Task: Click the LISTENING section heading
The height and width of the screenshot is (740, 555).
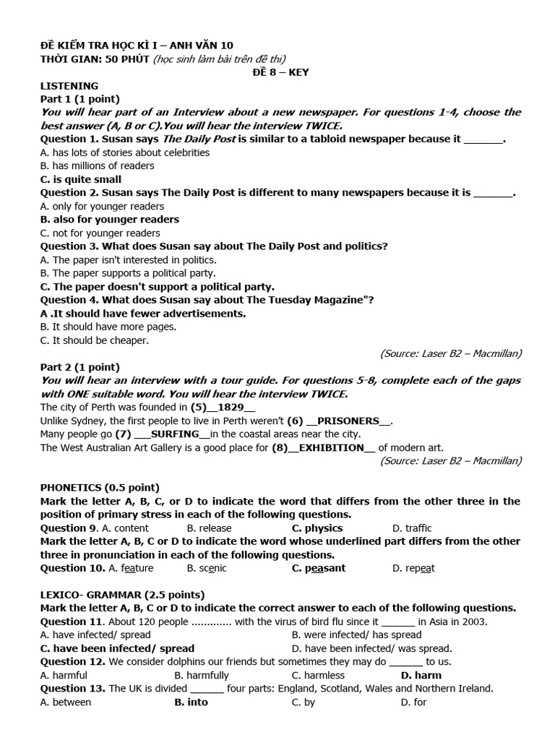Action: [x=69, y=85]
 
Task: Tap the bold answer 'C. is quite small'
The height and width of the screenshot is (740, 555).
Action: [x=80, y=179]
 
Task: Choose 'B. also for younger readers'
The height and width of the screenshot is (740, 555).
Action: [x=109, y=219]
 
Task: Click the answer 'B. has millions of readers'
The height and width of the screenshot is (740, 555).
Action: [x=97, y=165]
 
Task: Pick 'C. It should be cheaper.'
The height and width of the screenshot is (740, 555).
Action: [x=94, y=340]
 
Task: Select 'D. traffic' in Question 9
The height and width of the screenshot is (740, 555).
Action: [x=412, y=528]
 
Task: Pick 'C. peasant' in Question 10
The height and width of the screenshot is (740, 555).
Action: [x=318, y=568]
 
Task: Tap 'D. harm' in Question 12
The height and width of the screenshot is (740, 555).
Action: [x=421, y=675]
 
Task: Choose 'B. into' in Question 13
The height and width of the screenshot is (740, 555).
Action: [x=191, y=702]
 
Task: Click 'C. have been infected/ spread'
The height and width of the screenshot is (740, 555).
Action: [x=117, y=648]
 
